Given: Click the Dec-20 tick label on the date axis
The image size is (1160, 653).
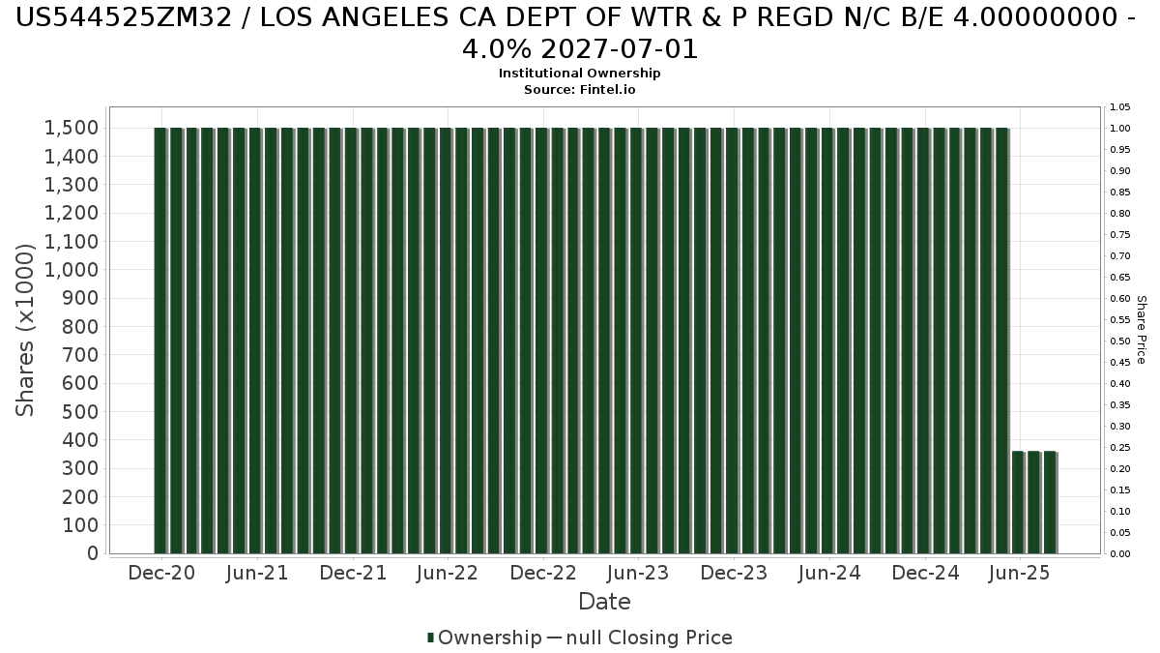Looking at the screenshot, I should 161,573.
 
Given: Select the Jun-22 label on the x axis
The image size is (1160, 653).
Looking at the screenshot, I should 448,573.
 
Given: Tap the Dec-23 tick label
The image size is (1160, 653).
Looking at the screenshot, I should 734,573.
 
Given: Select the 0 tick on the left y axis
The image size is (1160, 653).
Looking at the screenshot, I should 93,553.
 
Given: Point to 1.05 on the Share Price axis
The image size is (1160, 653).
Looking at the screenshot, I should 1119,107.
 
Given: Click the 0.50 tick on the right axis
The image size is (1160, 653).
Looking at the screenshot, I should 1119,341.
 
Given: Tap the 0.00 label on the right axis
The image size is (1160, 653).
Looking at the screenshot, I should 1119,554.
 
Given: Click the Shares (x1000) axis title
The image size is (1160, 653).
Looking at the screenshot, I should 26,330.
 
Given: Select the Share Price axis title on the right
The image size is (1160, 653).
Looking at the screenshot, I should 1142,330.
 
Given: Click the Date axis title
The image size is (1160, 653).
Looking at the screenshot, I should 604,602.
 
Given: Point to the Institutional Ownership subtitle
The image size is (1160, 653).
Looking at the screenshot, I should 579,74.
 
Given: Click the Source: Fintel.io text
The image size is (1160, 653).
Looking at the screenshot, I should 579,89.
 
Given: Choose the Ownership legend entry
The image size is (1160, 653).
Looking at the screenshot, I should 485,638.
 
